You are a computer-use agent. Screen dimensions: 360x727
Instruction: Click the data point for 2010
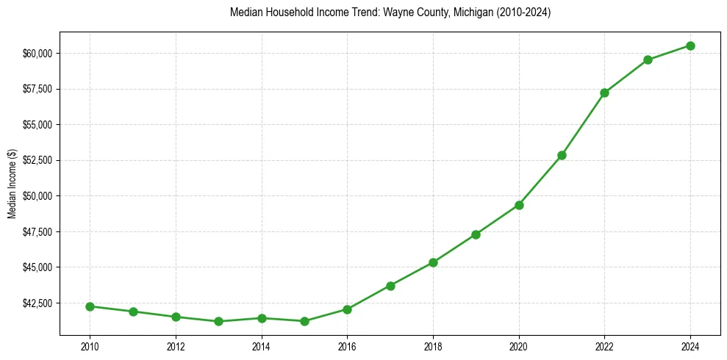(x=90, y=306)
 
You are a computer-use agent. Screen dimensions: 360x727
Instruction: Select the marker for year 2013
(x=218, y=321)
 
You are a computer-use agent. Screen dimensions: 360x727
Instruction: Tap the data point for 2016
(x=347, y=309)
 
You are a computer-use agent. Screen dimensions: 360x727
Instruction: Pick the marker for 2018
(x=433, y=262)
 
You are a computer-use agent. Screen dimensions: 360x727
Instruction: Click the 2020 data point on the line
(x=519, y=205)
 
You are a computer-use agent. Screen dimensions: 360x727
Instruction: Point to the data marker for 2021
(x=562, y=155)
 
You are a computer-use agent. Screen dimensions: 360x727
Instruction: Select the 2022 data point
(x=604, y=93)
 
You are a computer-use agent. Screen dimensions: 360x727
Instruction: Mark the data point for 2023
(x=648, y=60)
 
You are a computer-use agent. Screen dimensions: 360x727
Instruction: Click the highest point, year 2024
(x=690, y=46)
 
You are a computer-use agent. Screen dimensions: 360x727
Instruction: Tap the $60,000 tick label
(x=37, y=53)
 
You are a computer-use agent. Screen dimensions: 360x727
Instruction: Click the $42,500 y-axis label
(x=37, y=303)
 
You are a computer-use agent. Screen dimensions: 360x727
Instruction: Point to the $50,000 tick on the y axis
(x=37, y=195)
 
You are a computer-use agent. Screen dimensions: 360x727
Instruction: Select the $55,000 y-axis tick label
(x=37, y=124)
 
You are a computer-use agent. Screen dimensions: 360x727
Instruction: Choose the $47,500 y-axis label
(x=37, y=231)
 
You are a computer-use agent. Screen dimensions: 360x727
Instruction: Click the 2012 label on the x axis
(x=176, y=345)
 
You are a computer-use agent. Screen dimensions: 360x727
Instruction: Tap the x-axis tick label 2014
(x=261, y=345)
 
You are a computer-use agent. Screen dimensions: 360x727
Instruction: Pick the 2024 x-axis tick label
(x=690, y=345)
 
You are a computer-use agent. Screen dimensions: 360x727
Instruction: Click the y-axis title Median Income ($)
(x=12, y=184)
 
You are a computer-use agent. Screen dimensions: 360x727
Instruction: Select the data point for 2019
(x=476, y=234)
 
